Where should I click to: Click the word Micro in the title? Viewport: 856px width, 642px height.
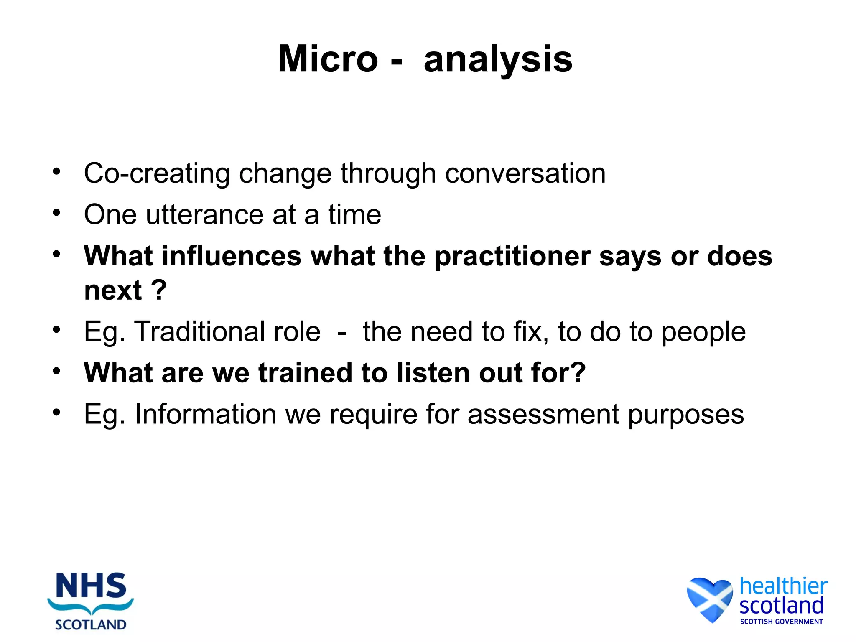pos(328,59)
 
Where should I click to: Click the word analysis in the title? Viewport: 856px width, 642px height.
pos(498,59)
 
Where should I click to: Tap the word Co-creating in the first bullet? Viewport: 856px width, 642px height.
pos(157,173)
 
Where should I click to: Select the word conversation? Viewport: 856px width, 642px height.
pos(525,173)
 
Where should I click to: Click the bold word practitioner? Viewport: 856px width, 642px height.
pos(513,257)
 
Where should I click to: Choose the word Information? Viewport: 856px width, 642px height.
pos(205,414)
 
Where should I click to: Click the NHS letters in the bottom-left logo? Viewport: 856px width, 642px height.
pos(91,586)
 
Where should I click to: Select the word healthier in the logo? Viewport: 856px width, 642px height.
pos(783,586)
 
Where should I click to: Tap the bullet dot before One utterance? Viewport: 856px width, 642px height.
pos(56,213)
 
